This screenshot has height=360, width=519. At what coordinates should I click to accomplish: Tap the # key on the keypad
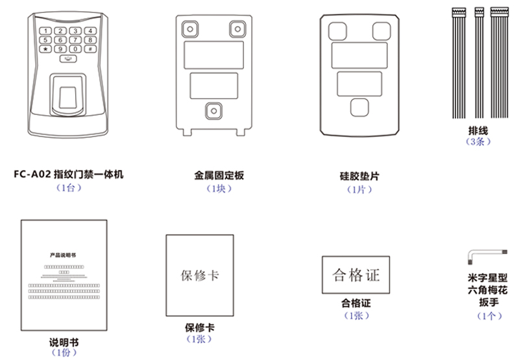click(x=90, y=49)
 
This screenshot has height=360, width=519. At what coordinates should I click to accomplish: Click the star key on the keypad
click(x=45, y=49)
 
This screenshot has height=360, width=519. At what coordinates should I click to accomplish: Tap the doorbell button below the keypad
click(x=67, y=60)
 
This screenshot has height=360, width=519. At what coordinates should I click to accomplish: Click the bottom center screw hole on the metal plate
click(x=212, y=110)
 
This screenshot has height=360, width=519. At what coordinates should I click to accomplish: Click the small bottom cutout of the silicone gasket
click(x=359, y=106)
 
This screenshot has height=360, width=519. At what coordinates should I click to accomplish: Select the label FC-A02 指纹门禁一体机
click(x=67, y=174)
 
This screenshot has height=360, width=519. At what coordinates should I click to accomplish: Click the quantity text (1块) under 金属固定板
click(x=219, y=189)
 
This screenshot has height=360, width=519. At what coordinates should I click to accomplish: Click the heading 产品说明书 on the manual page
click(x=62, y=256)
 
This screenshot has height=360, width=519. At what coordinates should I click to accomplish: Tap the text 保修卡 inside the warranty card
click(x=199, y=274)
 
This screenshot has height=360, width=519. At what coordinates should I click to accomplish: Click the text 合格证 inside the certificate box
click(x=356, y=275)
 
